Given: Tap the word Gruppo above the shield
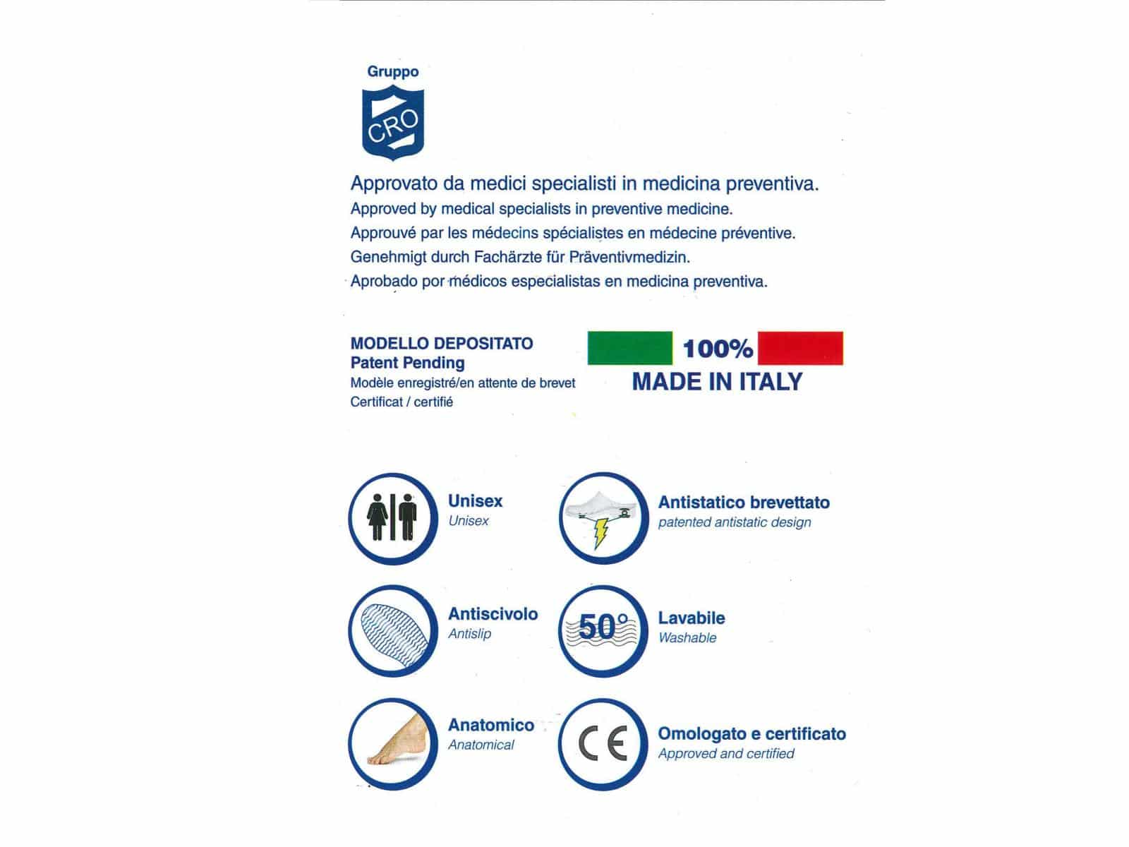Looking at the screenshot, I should coord(393,71).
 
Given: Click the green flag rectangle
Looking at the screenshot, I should coord(629,348).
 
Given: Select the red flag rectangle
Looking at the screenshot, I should coord(800,348).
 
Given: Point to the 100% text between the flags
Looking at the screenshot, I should coord(718,348).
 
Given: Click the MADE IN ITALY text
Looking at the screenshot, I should coord(717,382).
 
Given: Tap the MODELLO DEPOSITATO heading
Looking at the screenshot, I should coord(442,344).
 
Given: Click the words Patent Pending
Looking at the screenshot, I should coord(407,363).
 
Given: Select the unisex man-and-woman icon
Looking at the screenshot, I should coord(393,517).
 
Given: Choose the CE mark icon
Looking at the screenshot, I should coord(603,745).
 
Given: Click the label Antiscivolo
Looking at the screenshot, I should coord(493,614).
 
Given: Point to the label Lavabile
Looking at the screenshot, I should coord(691,618).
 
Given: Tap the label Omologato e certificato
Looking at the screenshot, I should coord(751,734).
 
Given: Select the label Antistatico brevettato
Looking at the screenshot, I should coord(744,503).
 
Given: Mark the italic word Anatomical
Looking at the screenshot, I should coord(481,745).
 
